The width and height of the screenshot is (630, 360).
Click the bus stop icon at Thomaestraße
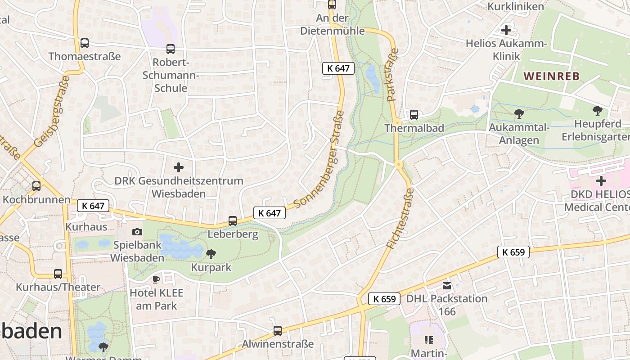pyautogui.click(x=84, y=43)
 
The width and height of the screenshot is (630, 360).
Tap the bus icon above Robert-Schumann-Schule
pyautogui.click(x=170, y=49)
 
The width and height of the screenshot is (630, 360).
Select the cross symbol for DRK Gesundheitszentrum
pyautogui.click(x=179, y=167)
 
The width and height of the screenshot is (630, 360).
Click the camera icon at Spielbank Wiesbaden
pyautogui.click(x=137, y=232)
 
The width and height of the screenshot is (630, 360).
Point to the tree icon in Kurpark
pyautogui.click(x=211, y=254)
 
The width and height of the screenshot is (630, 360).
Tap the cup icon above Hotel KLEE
pyautogui.click(x=156, y=279)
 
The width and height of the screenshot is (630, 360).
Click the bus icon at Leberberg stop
pyautogui.click(x=232, y=221)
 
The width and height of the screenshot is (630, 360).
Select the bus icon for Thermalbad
pyautogui.click(x=414, y=115)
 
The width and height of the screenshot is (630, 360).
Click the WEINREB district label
pyautogui.click(x=552, y=76)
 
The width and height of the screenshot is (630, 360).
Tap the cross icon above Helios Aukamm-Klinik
pyautogui.click(x=506, y=30)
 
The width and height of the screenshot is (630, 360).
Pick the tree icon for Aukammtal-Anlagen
pyautogui.click(x=519, y=114)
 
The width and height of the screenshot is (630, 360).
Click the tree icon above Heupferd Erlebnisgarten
pyautogui.click(x=597, y=110)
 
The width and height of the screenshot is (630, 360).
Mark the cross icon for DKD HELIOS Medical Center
pyautogui.click(x=601, y=181)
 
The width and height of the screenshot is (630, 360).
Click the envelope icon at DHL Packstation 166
pyautogui.click(x=446, y=285)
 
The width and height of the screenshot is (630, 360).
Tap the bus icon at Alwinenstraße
pyautogui.click(x=278, y=331)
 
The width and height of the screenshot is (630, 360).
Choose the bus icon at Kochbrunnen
pyautogui.click(x=36, y=186)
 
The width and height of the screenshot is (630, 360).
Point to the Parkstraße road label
pyautogui.click(x=392, y=74)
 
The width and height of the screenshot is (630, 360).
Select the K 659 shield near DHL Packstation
pyautogui.click(x=384, y=299)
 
